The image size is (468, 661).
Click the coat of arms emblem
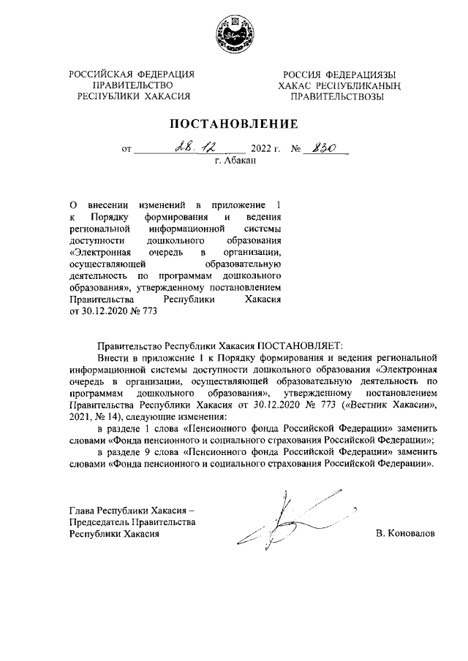coord(234,34)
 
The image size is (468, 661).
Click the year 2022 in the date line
coord(261,150)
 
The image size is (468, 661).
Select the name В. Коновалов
coord(404,534)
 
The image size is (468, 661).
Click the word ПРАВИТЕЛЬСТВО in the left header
coord(132,85)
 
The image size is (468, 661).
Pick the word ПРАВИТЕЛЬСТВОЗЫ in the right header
coord(336,96)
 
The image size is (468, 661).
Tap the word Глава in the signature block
coord(82,511)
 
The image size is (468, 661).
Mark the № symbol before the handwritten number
coord(297,150)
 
